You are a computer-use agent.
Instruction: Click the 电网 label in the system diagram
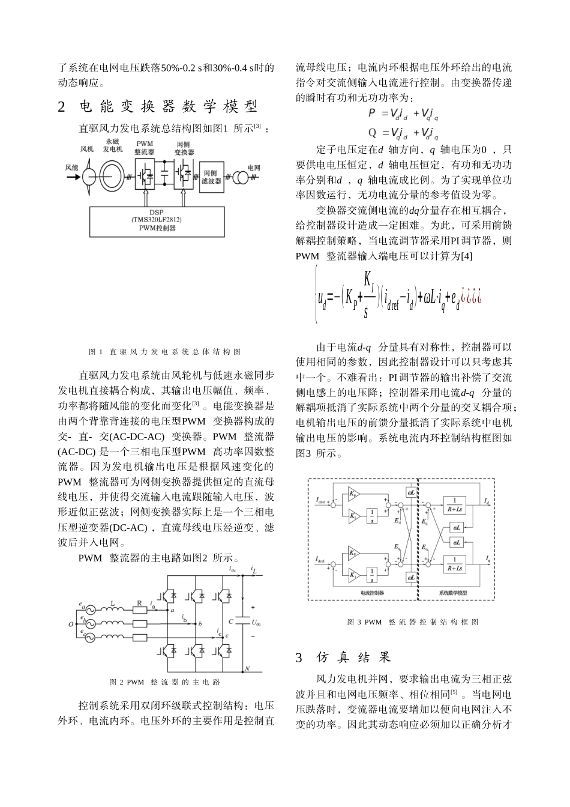(x=254, y=168)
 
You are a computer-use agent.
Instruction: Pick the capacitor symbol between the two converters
(x=164, y=177)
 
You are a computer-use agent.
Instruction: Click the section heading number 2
(x=61, y=107)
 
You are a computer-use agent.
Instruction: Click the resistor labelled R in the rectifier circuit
(x=139, y=612)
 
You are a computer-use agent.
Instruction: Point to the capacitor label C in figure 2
(x=231, y=621)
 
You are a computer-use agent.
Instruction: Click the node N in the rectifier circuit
(x=247, y=668)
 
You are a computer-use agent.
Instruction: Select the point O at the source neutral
(x=71, y=624)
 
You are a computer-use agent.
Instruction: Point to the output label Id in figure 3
(x=487, y=500)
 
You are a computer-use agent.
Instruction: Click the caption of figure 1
(x=164, y=351)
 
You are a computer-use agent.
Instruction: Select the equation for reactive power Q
(x=403, y=132)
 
